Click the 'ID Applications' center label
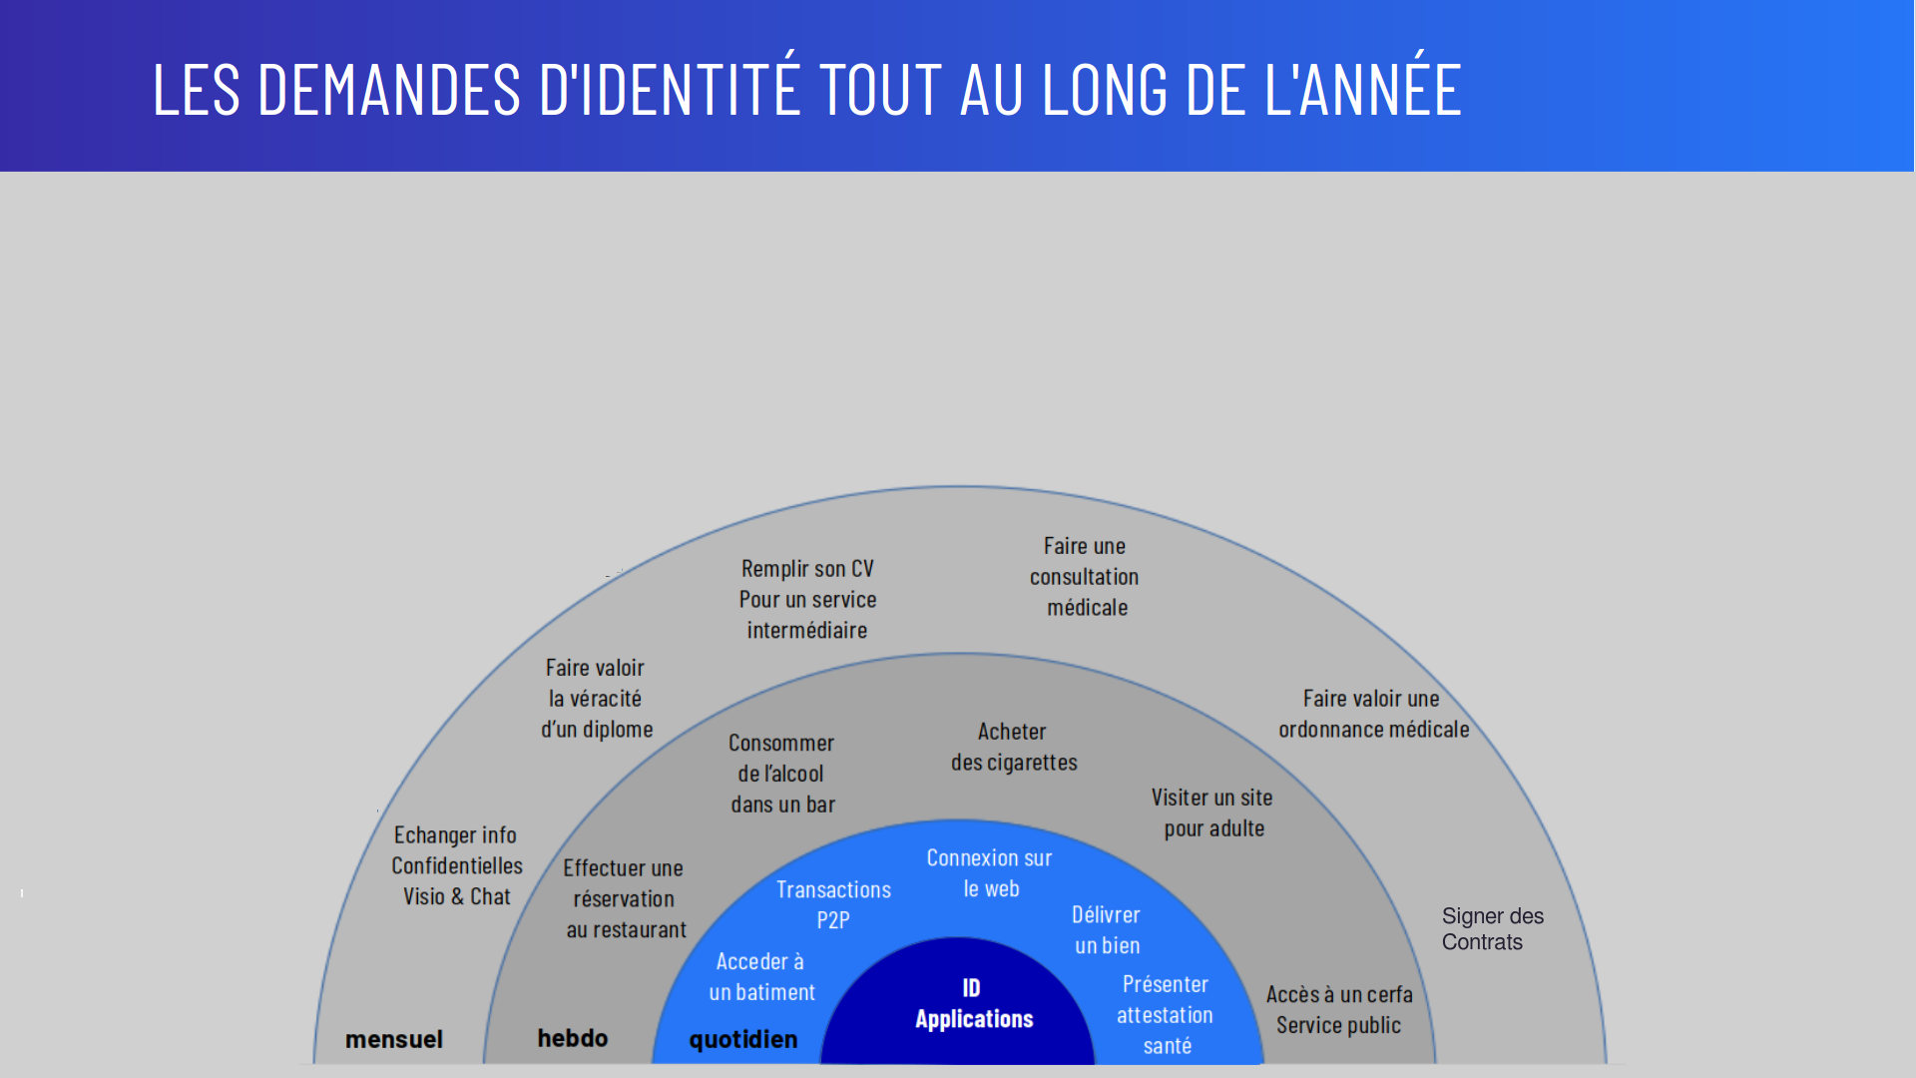974,1003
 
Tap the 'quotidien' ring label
743,1040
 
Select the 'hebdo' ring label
573,1038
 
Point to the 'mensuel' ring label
394,1039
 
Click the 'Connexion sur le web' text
990,873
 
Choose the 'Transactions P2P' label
833,904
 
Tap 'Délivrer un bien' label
1107,929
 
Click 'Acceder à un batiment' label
761,976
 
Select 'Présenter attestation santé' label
1166,1014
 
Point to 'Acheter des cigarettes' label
1014,747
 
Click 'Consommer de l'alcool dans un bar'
782,774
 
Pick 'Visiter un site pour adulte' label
1212,812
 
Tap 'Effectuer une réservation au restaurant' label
625,898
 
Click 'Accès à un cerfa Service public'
1339,1009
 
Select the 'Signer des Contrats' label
1492,929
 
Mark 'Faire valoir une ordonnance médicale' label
1373,714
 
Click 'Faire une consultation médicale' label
1085,577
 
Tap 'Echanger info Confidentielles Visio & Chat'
457,865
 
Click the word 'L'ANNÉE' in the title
1363,89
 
